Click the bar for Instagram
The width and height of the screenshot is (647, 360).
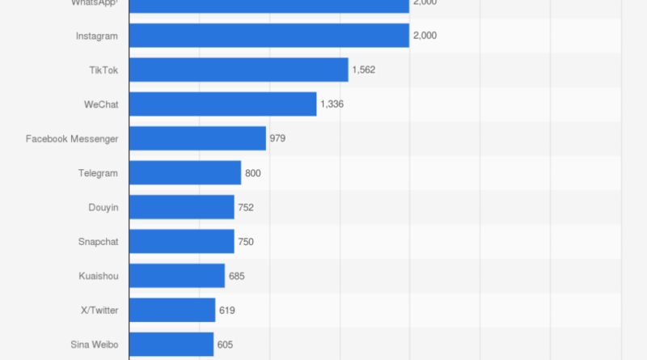269,36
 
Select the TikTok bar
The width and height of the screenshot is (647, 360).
238,70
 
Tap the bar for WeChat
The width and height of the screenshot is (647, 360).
222,104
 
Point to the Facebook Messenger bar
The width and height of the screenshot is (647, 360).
197,138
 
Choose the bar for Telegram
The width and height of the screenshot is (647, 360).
184,173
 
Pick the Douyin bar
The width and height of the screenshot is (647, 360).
181,207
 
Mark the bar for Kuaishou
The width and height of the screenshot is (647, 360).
176,276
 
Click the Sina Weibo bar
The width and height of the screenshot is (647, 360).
171,345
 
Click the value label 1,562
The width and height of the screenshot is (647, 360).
363,70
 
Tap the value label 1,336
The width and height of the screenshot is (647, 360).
332,104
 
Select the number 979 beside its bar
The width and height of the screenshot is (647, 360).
277,138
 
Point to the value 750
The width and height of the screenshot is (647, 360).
246,242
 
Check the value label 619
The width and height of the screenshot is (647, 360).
226,311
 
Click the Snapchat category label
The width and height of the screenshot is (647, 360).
98,242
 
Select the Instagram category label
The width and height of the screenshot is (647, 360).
96,36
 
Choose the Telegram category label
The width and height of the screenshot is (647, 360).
98,173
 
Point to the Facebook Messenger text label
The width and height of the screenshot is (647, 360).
72,138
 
